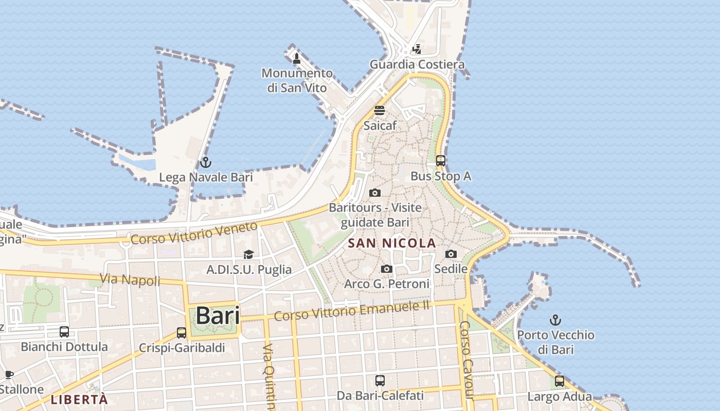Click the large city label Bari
pyautogui.click(x=218, y=315)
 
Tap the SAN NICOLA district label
pyautogui.click(x=392, y=243)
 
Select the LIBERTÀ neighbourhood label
pyautogui.click(x=79, y=399)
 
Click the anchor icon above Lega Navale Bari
pyautogui.click(x=205, y=163)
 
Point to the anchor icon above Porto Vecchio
pyautogui.click(x=555, y=321)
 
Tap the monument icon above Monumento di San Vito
pyautogui.click(x=296, y=59)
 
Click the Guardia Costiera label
pyautogui.click(x=417, y=65)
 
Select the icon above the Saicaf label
pyautogui.click(x=380, y=110)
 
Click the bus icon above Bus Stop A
pyautogui.click(x=440, y=161)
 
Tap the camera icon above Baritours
pyautogui.click(x=375, y=193)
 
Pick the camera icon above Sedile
pyautogui.click(x=451, y=254)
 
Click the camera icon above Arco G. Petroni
pyautogui.click(x=387, y=269)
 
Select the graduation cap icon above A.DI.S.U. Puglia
pyautogui.click(x=249, y=254)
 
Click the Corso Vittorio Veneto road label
pyautogui.click(x=194, y=233)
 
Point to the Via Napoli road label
pyautogui.click(x=130, y=280)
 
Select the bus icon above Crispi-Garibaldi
pyautogui.click(x=182, y=333)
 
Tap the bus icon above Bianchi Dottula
pyautogui.click(x=64, y=332)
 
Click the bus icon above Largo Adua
pyautogui.click(x=560, y=382)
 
